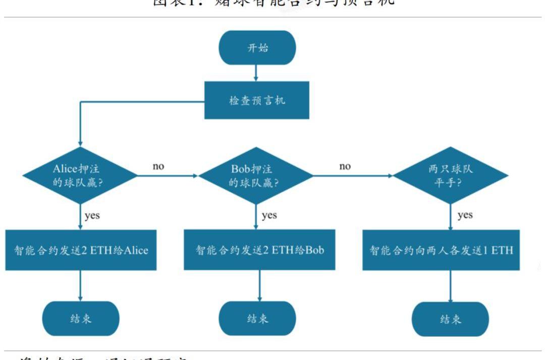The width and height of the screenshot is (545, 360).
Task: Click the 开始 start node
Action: coord(257,48)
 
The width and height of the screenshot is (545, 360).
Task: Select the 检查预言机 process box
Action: coord(257,100)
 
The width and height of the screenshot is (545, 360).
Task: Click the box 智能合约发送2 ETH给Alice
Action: coord(81,250)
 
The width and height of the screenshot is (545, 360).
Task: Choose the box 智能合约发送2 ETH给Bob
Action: coord(259,250)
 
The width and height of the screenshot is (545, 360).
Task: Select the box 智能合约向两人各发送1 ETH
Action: coord(441,250)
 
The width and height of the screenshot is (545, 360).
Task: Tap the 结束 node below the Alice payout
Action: coord(81,319)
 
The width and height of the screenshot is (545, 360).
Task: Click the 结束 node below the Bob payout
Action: coord(257,319)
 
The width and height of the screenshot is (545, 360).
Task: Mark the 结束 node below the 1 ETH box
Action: coord(450,319)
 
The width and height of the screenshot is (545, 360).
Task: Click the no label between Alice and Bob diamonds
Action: coord(158,166)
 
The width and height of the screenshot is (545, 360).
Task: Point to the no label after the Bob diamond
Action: coord(345,166)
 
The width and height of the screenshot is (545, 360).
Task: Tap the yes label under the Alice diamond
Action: coord(92,216)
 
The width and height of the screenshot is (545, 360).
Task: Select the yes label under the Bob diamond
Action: coord(269,216)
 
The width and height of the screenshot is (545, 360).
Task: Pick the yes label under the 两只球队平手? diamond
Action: coord(465,216)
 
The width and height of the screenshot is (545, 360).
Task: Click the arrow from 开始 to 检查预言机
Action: coord(256,73)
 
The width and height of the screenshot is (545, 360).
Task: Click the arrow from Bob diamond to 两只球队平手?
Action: coord(353,176)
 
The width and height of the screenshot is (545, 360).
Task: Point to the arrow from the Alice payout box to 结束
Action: coord(80,286)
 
